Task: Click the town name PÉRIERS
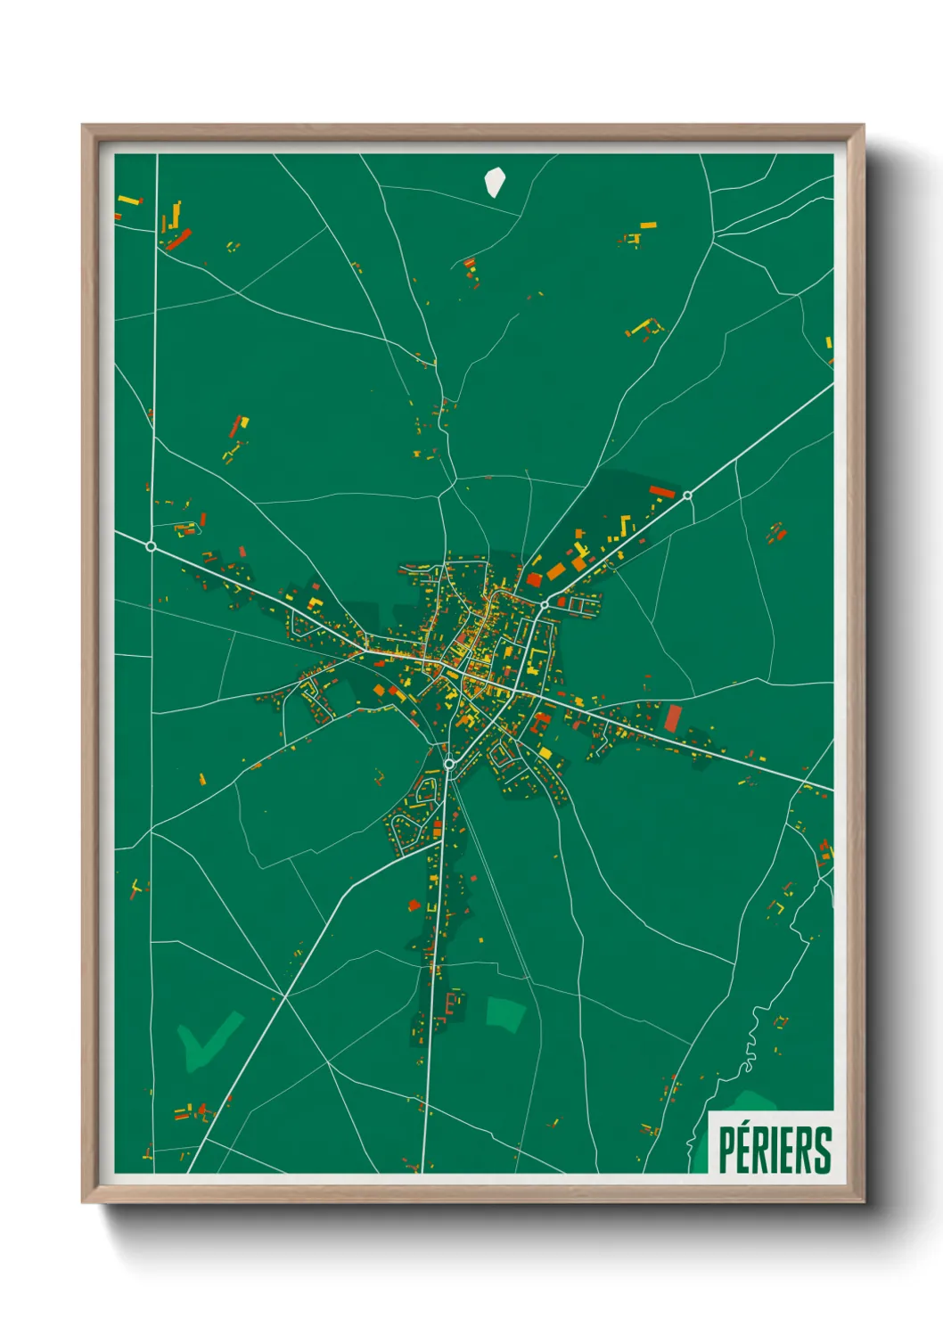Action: [775, 1150]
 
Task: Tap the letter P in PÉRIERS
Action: [726, 1151]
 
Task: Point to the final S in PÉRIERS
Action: [824, 1151]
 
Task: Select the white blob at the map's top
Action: [495, 182]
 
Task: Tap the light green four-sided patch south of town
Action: [504, 1014]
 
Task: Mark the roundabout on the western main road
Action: [152, 545]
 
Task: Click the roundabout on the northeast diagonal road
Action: [688, 496]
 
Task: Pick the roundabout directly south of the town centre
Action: [449, 764]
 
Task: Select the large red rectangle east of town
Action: [673, 718]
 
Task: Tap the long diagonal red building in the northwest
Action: [179, 240]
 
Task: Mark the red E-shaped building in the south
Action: [451, 1006]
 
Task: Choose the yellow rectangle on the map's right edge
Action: [828, 342]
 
